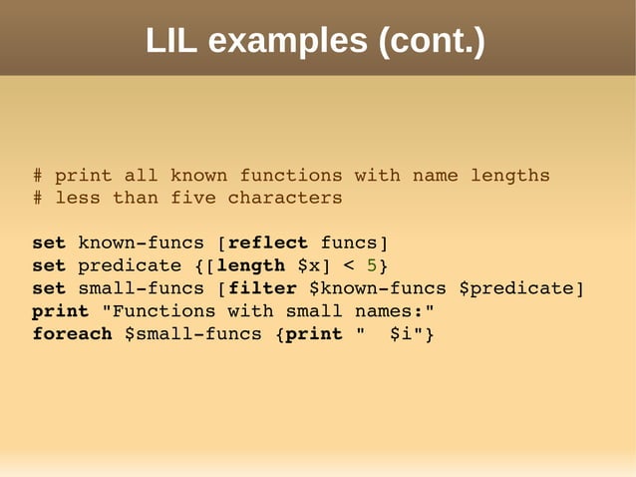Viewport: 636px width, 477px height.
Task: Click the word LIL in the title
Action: click(171, 41)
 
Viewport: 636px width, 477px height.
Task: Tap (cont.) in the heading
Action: click(432, 41)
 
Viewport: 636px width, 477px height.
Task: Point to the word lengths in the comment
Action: click(509, 176)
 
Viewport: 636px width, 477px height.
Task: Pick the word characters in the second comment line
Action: click(285, 198)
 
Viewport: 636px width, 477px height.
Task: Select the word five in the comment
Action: click(193, 198)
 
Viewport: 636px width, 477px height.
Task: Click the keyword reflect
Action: click(268, 243)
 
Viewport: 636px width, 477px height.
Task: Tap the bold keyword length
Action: click(250, 266)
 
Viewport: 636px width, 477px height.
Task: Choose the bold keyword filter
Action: click(262, 289)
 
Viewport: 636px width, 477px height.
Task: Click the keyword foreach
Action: click(72, 334)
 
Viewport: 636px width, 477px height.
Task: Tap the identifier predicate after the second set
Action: click(124, 266)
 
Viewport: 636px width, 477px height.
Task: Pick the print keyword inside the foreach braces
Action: click(314, 334)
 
